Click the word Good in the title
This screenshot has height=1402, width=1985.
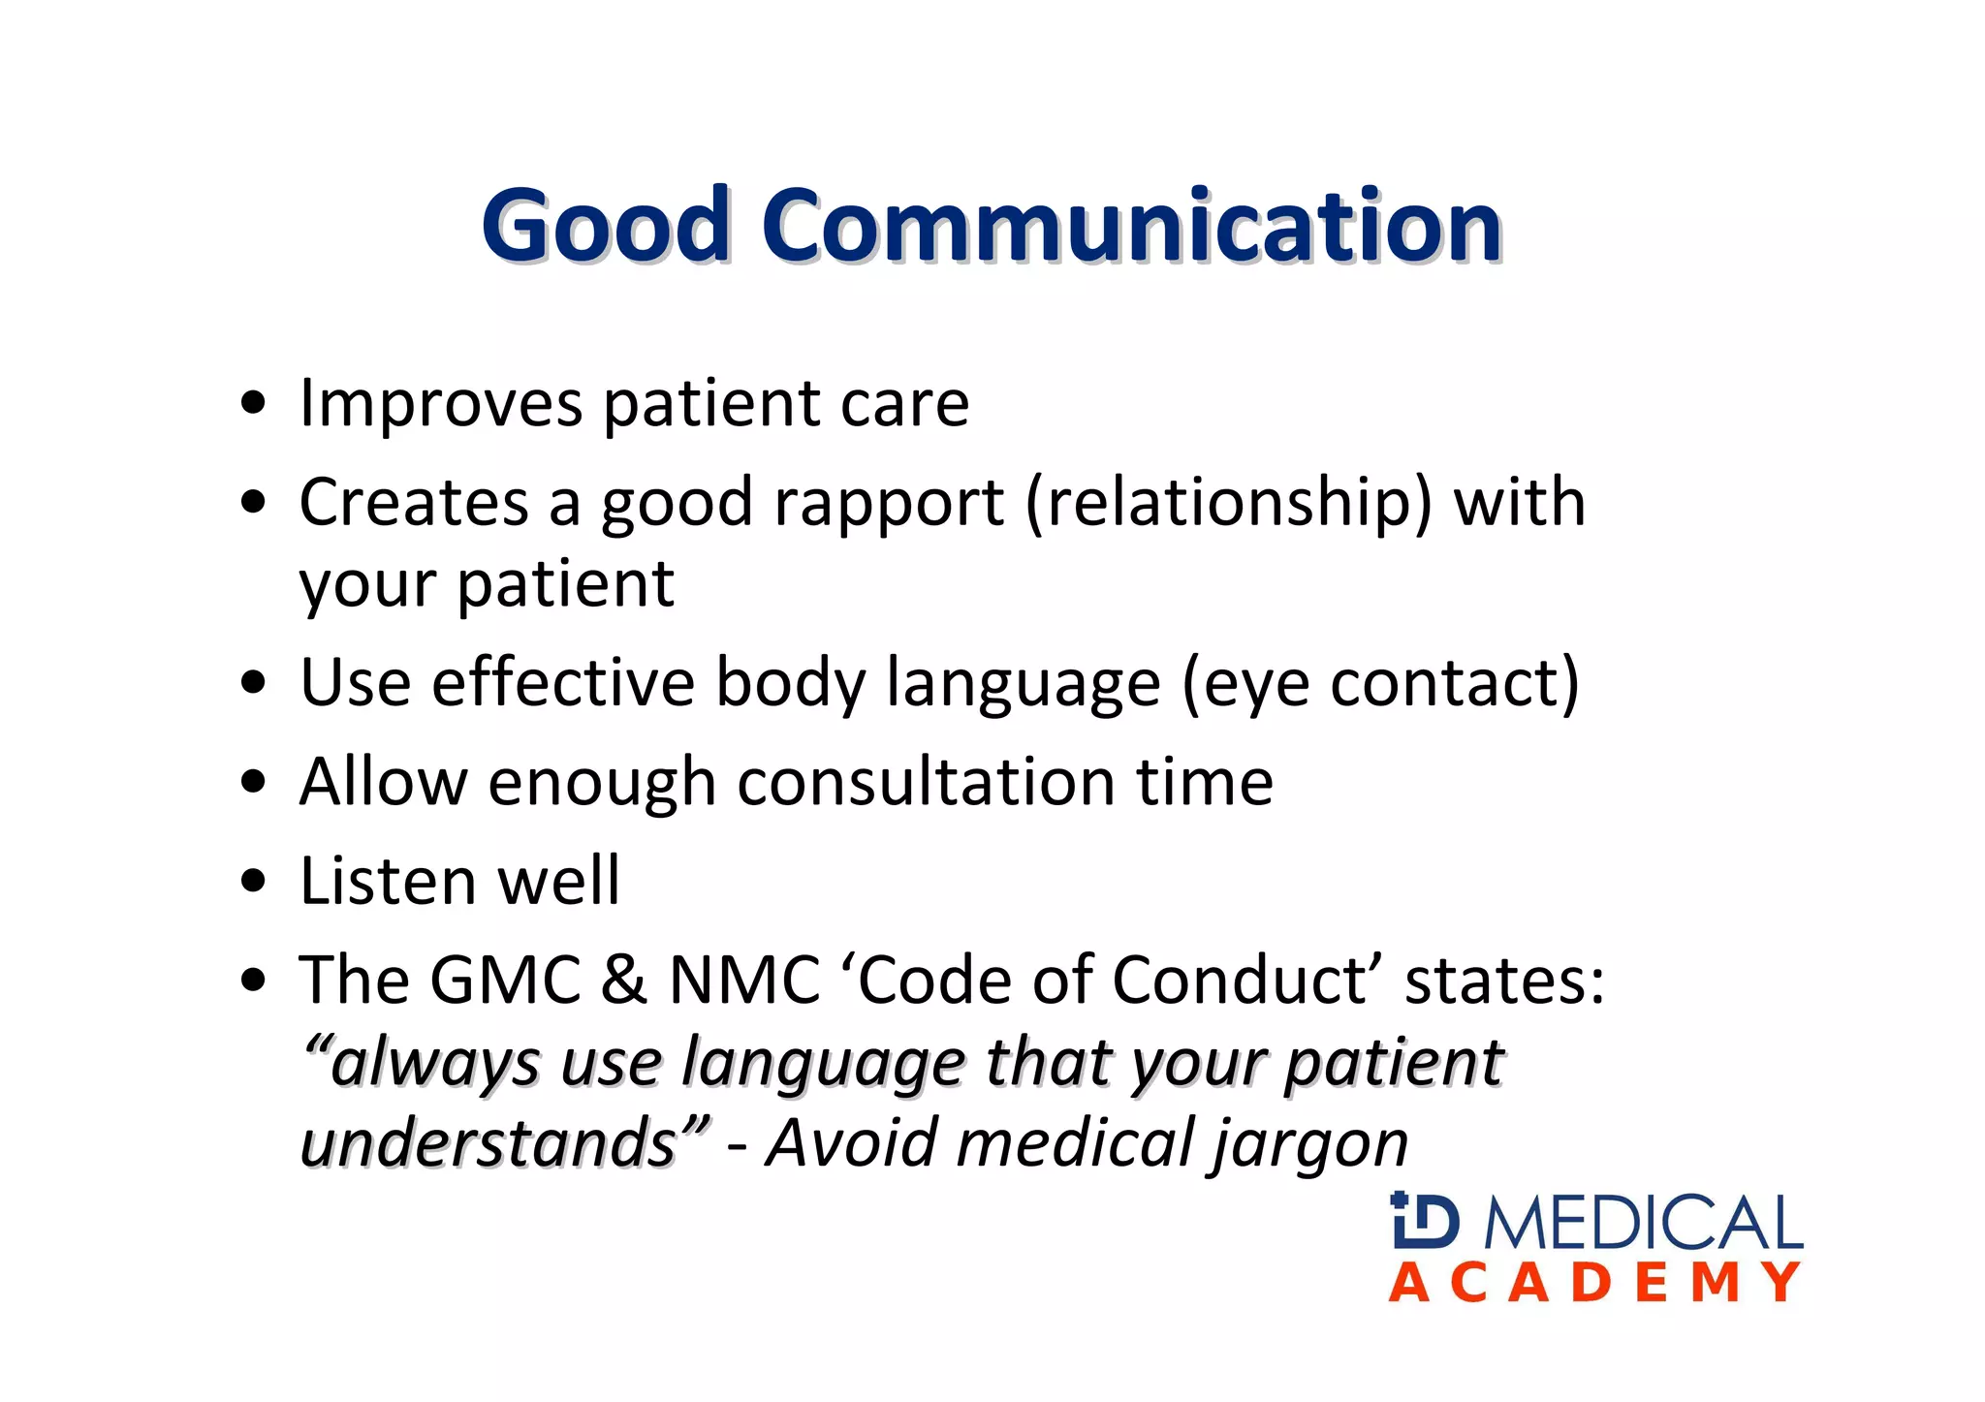tap(605, 225)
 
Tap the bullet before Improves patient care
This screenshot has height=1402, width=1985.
tap(254, 403)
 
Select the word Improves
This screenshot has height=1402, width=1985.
tap(441, 403)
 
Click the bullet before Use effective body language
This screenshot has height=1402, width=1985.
tap(254, 683)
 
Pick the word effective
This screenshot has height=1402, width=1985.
tap(562, 683)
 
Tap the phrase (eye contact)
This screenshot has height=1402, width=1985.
tap(1380, 685)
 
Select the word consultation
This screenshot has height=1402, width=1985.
tap(925, 783)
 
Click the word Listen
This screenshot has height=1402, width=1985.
tap(388, 882)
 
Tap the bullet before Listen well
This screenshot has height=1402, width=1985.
tap(254, 882)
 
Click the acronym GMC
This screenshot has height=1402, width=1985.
tap(505, 981)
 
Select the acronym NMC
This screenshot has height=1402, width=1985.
tap(744, 981)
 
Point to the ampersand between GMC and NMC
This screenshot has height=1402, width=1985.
tap(623, 981)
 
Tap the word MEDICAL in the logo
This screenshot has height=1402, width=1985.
tap(1643, 1223)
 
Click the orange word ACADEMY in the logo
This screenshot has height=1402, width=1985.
tap(1595, 1283)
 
